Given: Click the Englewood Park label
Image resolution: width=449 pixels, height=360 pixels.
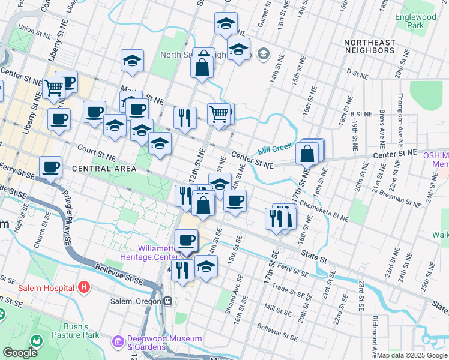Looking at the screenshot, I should coord(415,22).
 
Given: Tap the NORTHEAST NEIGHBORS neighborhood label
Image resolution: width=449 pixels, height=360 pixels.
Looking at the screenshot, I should coord(370,46).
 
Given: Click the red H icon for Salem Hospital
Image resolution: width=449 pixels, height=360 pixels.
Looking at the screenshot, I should coord(84,287).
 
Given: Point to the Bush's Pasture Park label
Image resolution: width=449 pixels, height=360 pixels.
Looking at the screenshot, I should coord(75,331).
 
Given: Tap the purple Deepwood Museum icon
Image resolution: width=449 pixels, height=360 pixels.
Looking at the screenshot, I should coord(118,343).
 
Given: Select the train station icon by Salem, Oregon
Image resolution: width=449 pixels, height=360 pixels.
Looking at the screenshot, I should coord(168,301).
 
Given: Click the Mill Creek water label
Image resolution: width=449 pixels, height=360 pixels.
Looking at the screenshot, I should coord(274,148).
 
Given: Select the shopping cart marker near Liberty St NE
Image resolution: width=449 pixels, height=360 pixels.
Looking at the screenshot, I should coord(54,88).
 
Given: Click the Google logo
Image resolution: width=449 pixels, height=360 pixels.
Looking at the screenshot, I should coord(20,353).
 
